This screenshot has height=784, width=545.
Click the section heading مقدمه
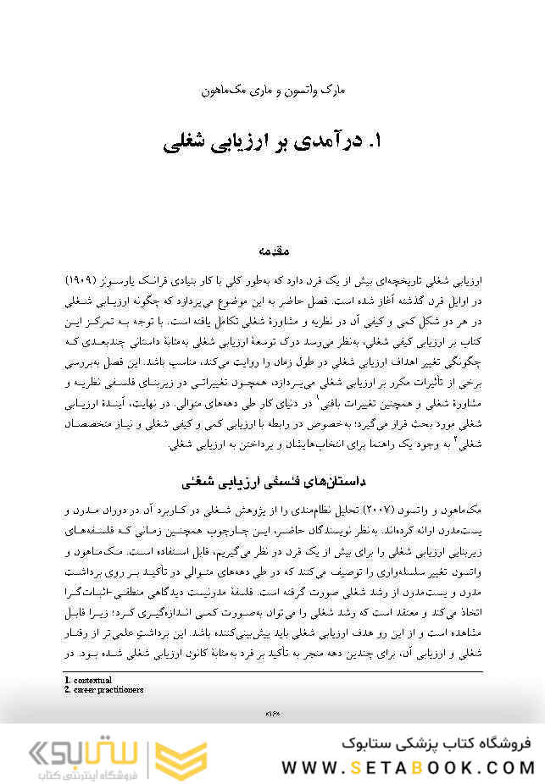(x=272, y=251)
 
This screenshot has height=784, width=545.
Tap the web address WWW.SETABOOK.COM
(x=407, y=768)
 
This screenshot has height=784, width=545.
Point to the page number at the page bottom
(x=273, y=713)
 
